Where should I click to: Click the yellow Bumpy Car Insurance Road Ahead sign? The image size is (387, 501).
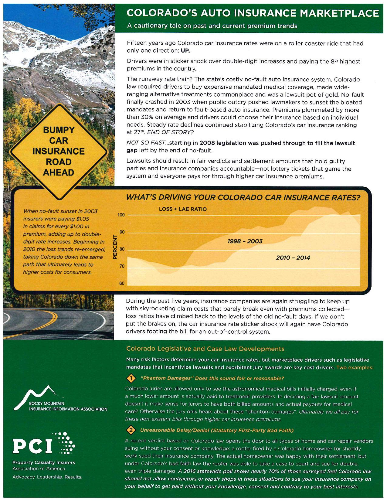click(59, 151)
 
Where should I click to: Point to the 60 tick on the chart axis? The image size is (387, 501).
click(122, 283)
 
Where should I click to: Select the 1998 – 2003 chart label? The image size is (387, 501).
click(245, 241)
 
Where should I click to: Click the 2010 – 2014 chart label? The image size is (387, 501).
click(293, 258)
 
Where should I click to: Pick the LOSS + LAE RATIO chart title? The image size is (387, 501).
click(183, 209)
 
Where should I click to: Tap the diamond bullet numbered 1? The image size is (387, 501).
click(131, 378)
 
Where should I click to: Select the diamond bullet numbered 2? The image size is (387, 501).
click(131, 430)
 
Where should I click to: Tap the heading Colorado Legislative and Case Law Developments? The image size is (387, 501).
click(205, 349)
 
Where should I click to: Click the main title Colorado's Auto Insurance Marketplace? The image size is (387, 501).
click(253, 13)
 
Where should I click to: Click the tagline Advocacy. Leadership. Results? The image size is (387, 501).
click(47, 477)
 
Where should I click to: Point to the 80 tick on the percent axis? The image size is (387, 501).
click(122, 250)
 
